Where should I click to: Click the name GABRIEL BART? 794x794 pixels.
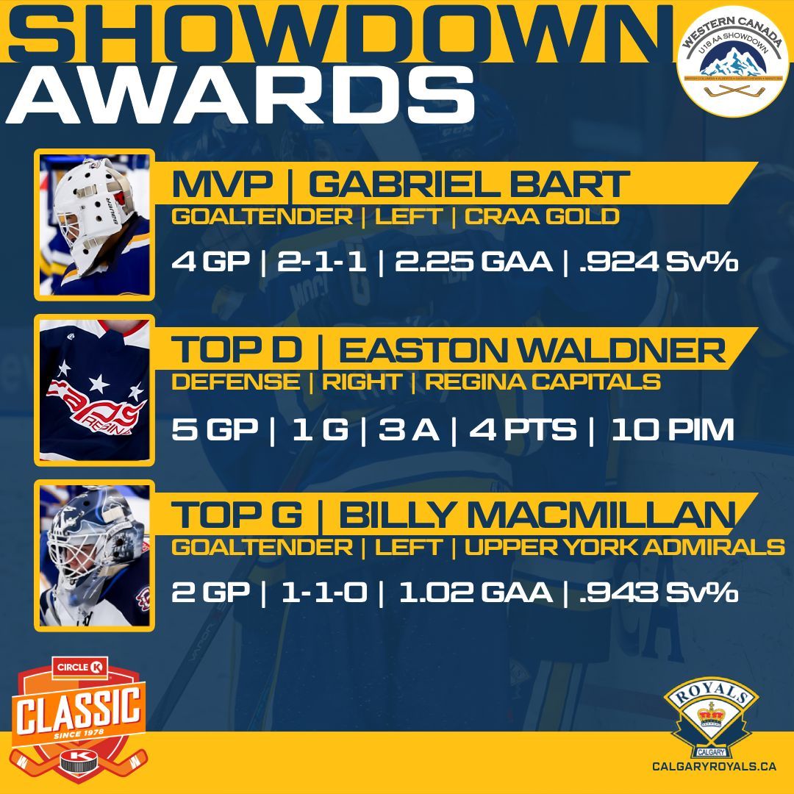pos(468,185)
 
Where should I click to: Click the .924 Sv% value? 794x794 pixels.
pos(657,262)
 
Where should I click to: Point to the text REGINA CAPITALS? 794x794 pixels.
pos(543,382)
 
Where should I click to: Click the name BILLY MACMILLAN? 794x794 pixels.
pos(536,516)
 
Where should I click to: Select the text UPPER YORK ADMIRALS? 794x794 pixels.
pos(624,548)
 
